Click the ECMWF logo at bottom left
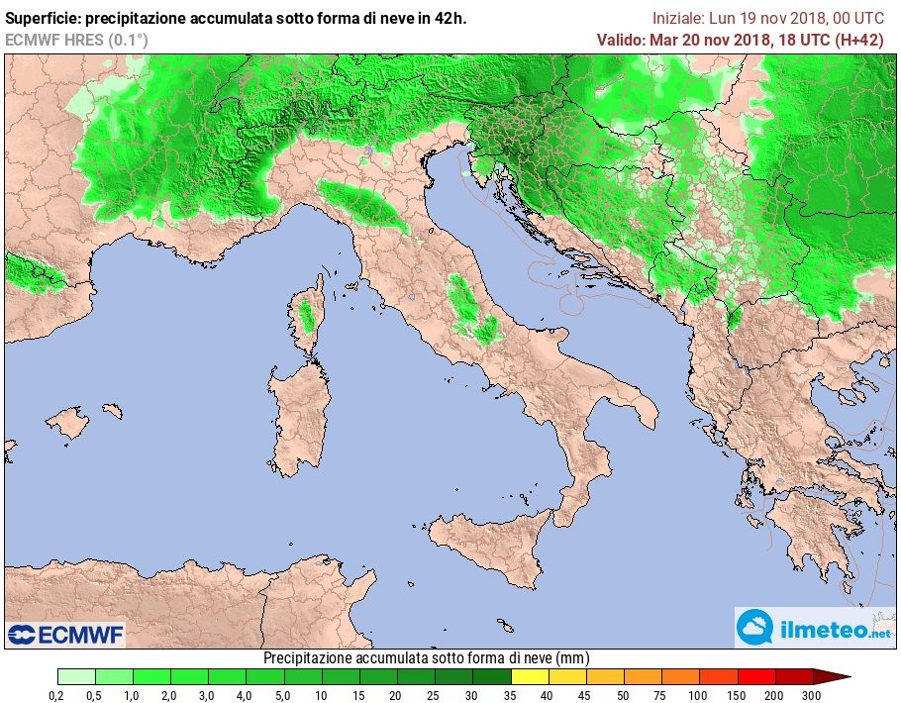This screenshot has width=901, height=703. pyautogui.click(x=65, y=634)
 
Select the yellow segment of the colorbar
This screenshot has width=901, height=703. pyautogui.click(x=530, y=676)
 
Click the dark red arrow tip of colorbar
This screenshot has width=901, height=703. pyautogui.click(x=834, y=676)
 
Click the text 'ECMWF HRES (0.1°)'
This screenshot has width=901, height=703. pyautogui.click(x=76, y=40)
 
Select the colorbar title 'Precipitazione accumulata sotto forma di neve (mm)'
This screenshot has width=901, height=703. pyautogui.click(x=426, y=658)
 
